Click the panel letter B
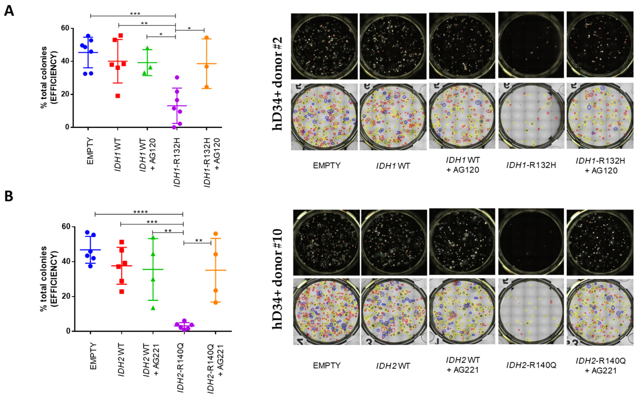tap(9, 196)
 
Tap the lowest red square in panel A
tap(118, 96)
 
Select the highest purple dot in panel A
tap(177, 77)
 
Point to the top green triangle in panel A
tap(147, 48)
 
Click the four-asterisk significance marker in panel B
tap(140, 212)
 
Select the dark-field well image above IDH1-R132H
tap(531, 45)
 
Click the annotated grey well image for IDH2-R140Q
tap(531, 311)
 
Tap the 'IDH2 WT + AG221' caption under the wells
tap(462, 365)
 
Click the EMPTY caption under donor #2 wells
tap(327, 166)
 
